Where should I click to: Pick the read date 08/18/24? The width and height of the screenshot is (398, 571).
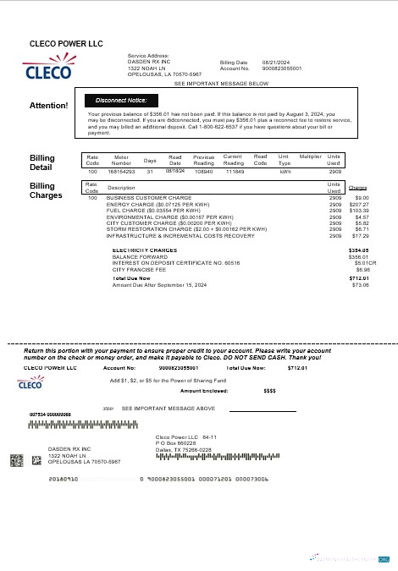(175, 170)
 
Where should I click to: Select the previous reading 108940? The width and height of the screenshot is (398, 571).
(203, 171)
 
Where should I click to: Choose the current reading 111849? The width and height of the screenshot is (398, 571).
(234, 171)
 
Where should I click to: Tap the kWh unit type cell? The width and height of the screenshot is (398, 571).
(285, 171)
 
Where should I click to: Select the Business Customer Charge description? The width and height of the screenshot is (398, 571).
(138, 198)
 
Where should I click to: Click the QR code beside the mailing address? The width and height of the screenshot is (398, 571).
(16, 460)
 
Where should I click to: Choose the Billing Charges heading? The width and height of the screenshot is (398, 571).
(42, 189)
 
